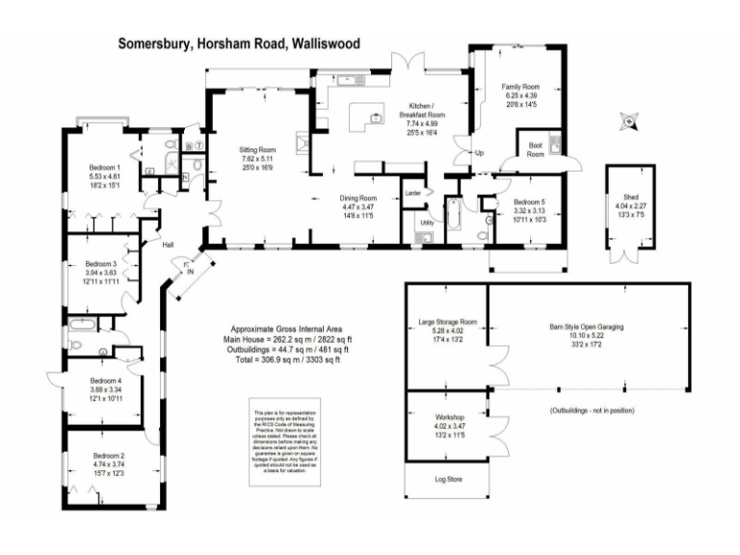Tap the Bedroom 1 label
pos(106,168)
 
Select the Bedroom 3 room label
pos(101,263)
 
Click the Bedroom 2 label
pos(109,455)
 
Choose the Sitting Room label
pos(257,150)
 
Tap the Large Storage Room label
pos(447,321)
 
